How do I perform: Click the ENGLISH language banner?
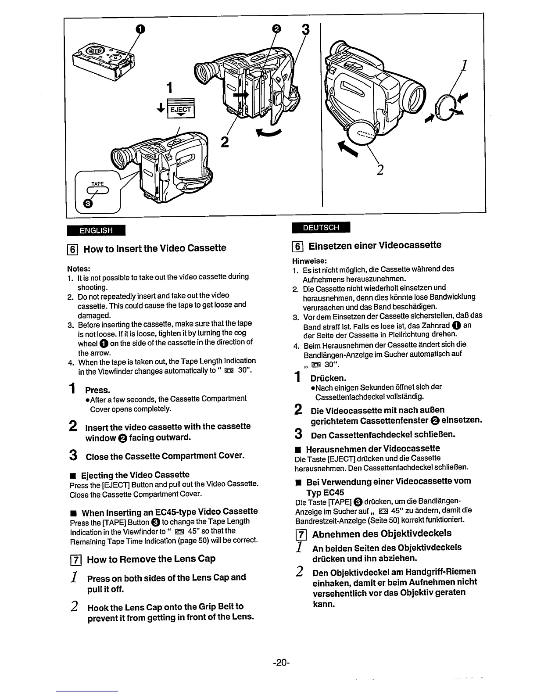[x=96, y=230]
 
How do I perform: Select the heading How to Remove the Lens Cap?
[x=151, y=559]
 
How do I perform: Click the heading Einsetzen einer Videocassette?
[x=375, y=245]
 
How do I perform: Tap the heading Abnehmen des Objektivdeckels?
[x=381, y=534]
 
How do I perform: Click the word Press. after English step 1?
[x=97, y=390]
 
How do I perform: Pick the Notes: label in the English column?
[x=79, y=268]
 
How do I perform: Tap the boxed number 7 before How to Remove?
[x=74, y=559]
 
